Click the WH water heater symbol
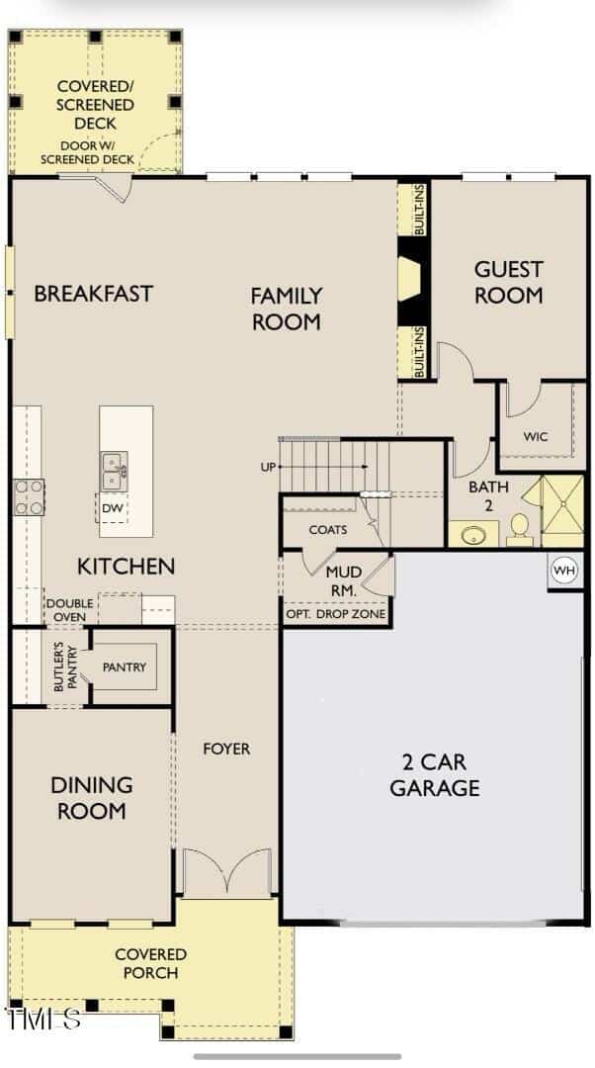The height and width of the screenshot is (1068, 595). pyautogui.click(x=564, y=571)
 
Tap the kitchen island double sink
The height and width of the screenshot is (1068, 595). pyautogui.click(x=115, y=471)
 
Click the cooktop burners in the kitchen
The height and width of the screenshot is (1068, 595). pyautogui.click(x=29, y=496)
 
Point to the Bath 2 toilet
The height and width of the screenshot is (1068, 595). pyautogui.click(x=519, y=529)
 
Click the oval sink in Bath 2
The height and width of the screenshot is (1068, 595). pyautogui.click(x=472, y=535)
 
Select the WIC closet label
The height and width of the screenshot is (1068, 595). pyautogui.click(x=535, y=437)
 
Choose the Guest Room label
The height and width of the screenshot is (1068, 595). pyautogui.click(x=509, y=282)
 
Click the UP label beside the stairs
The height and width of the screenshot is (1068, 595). pyautogui.click(x=268, y=467)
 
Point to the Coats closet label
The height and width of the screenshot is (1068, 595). pyautogui.click(x=328, y=529)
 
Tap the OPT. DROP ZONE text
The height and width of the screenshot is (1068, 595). pyautogui.click(x=336, y=614)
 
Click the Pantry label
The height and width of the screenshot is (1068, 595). pyautogui.click(x=125, y=667)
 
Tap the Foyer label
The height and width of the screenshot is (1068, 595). pyautogui.click(x=226, y=749)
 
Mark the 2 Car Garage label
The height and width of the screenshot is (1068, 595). pyautogui.click(x=435, y=774)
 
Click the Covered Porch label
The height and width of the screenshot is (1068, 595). pyautogui.click(x=150, y=963)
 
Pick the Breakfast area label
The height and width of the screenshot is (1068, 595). pyautogui.click(x=93, y=294)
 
